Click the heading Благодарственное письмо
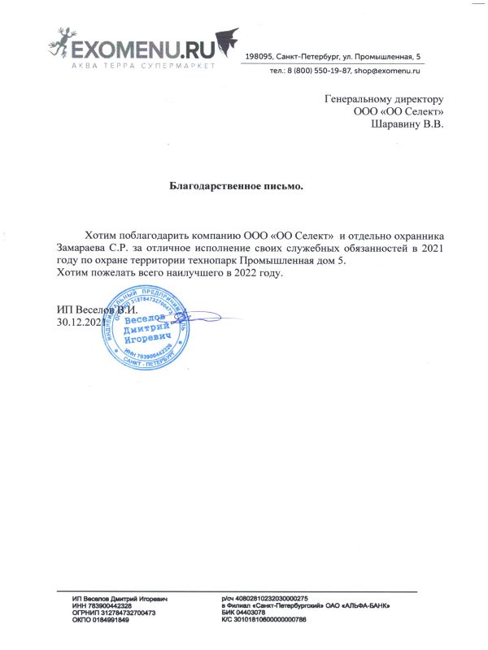[x=236, y=186]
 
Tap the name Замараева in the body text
[x=82, y=246]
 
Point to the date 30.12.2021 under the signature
[x=80, y=323]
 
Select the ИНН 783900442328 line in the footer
[x=102, y=606]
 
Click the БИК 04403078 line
[x=243, y=613]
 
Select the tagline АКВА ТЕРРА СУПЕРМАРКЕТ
[x=142, y=64]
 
